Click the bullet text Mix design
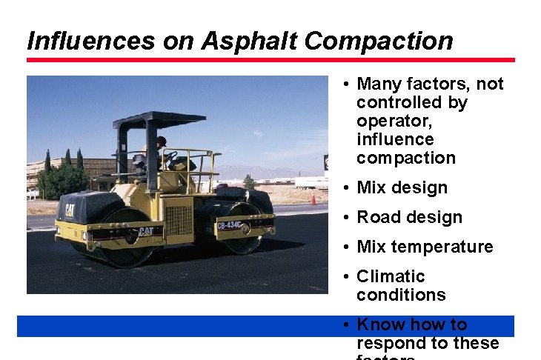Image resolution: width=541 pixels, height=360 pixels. coord(402,187)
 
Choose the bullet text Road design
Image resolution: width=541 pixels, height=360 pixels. coord(409,217)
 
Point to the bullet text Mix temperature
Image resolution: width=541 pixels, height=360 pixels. coord(425,247)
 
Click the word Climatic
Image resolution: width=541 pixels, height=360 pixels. coord(391,276)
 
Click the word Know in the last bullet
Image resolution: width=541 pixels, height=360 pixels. coord(379,324)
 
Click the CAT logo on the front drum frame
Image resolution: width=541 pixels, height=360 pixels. coord(147,232)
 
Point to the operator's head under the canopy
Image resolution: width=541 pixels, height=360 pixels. coord(161,141)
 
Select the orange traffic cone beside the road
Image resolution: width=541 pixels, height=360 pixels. coord(313,199)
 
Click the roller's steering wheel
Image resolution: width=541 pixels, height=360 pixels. coord(171,156)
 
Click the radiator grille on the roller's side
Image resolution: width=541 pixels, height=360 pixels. coord(178,221)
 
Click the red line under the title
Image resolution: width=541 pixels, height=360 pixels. coord(270,60)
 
